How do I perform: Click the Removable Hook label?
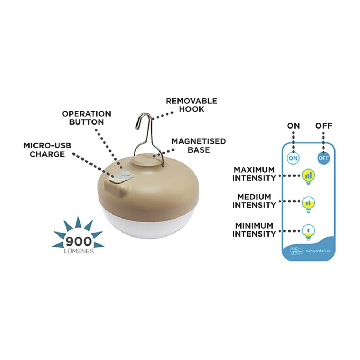[192, 105]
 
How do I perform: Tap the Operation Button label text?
[86, 118]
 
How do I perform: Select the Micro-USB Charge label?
[47, 150]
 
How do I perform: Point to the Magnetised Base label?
[198, 145]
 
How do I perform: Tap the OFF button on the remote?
[323, 158]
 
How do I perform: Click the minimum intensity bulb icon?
[308, 231]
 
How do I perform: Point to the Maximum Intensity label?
[254, 174]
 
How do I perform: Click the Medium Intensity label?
[254, 201]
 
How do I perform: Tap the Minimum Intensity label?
[254, 230]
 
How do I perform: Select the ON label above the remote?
[294, 126]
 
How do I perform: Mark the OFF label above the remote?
[323, 126]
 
